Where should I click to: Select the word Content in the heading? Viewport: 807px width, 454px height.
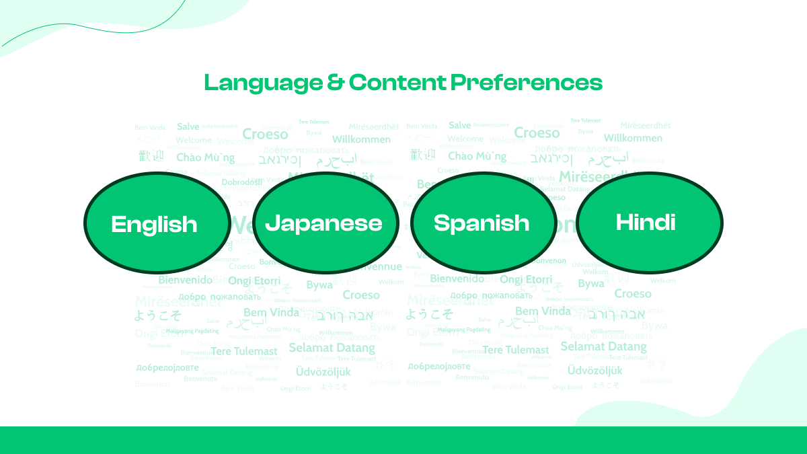(x=397, y=82)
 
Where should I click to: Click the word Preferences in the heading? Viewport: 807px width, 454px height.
(x=527, y=82)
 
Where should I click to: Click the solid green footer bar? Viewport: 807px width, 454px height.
(x=403, y=440)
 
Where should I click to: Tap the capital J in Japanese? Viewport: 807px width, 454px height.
(x=272, y=223)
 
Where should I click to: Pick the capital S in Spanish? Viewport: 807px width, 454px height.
(x=442, y=223)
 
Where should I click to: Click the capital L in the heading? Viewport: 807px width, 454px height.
(x=210, y=83)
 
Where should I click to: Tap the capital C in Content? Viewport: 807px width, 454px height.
(x=357, y=82)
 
